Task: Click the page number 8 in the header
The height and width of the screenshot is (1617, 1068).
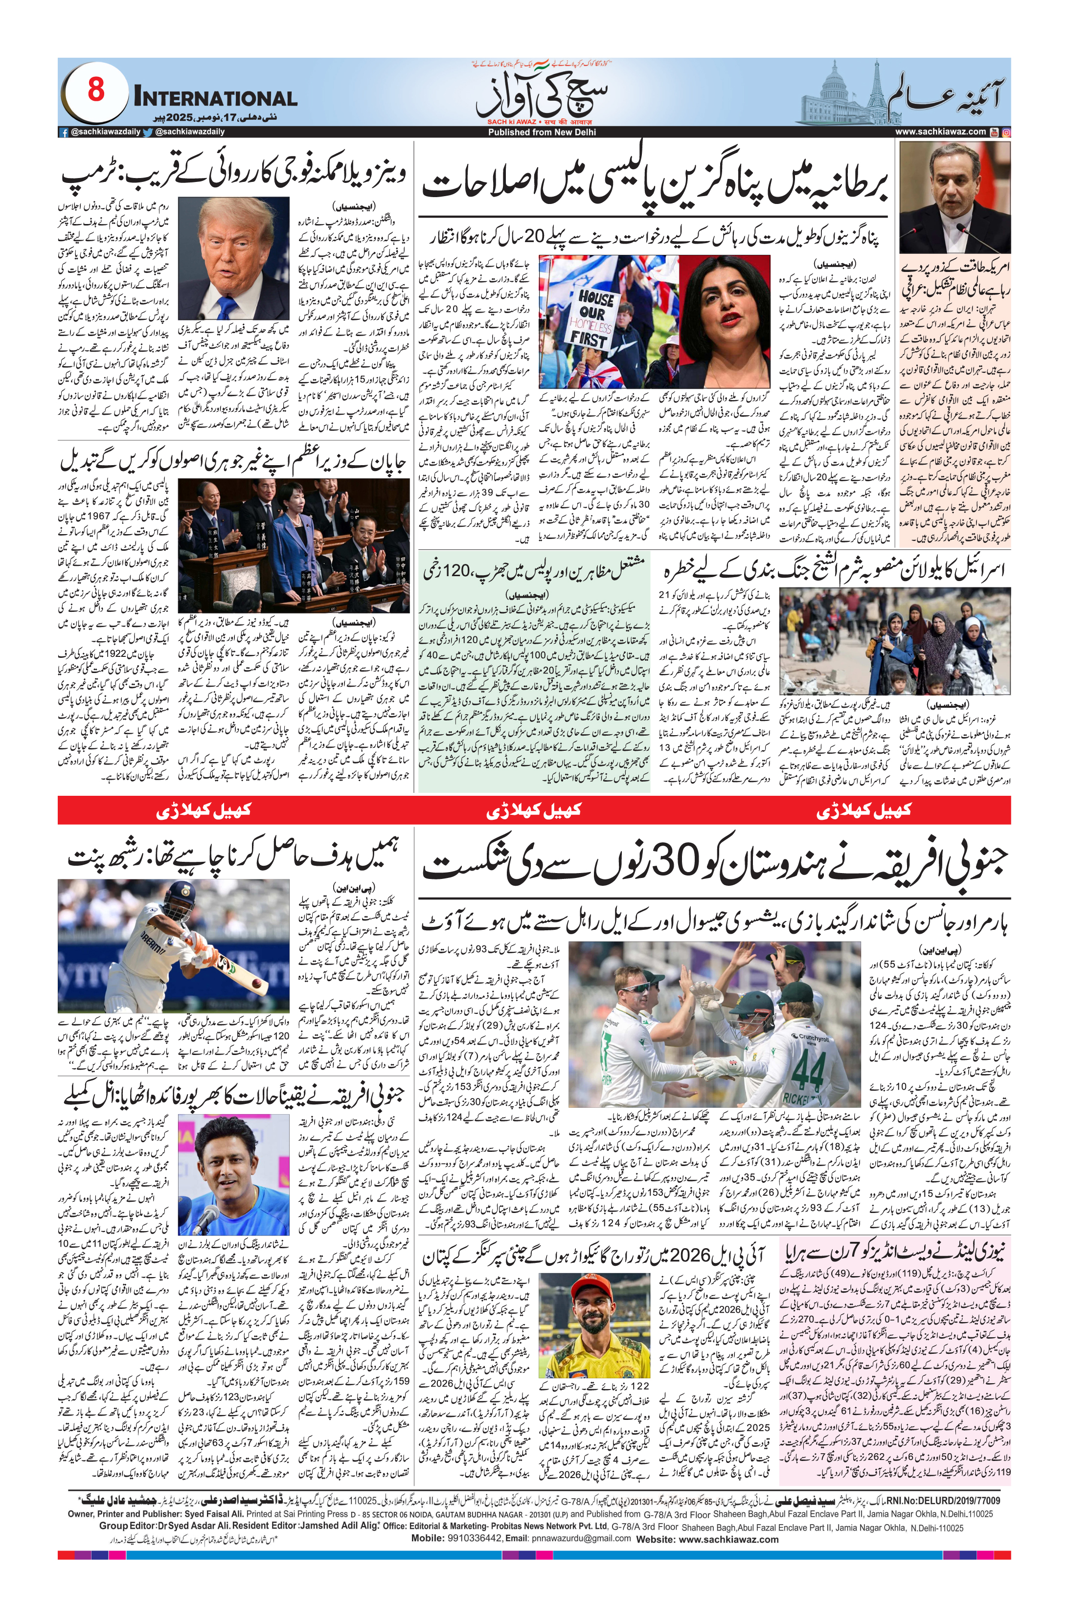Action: [96, 90]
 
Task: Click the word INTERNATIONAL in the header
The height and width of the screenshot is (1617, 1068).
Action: [215, 98]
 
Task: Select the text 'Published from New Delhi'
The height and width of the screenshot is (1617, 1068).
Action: [542, 132]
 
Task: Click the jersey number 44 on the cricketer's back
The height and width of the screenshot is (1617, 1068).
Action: [808, 1070]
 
